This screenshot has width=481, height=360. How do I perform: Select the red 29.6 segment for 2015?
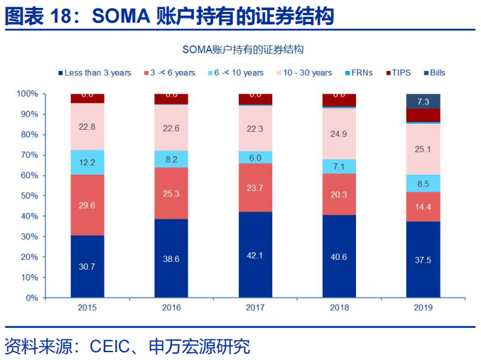[x=87, y=204]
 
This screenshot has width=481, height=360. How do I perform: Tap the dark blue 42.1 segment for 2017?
[x=255, y=254]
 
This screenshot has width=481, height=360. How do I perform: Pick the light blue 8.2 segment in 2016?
[x=171, y=160]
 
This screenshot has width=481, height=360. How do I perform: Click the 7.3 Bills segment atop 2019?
[x=423, y=102]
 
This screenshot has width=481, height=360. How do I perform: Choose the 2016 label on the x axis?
[x=171, y=307]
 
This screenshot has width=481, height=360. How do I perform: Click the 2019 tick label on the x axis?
[x=423, y=307]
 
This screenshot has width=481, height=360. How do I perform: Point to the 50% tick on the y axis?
[x=28, y=196]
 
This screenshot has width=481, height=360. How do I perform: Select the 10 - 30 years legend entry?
[x=308, y=73]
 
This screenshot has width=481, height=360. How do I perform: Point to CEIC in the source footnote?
[x=113, y=347]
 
